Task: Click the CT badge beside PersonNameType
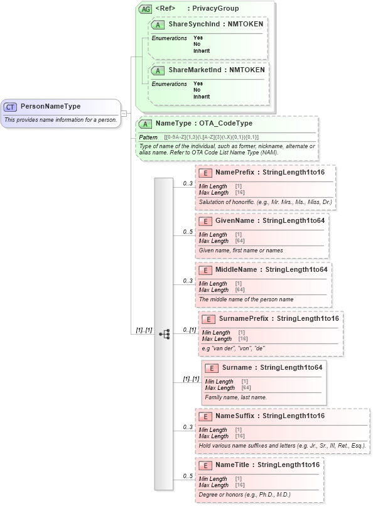point(11,107)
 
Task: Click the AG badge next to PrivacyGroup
point(145,9)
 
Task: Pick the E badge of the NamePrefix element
point(205,173)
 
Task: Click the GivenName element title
point(234,221)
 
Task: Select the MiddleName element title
point(236,270)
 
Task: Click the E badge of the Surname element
point(212,368)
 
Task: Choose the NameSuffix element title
point(235,416)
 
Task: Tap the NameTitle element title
point(234,465)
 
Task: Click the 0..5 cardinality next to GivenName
point(187,232)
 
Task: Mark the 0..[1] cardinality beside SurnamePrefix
point(189,330)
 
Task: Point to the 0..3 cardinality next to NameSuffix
point(187,428)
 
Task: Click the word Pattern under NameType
point(148,137)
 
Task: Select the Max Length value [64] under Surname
point(246,388)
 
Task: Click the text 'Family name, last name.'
point(236,397)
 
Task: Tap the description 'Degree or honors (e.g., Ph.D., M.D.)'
point(245,495)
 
